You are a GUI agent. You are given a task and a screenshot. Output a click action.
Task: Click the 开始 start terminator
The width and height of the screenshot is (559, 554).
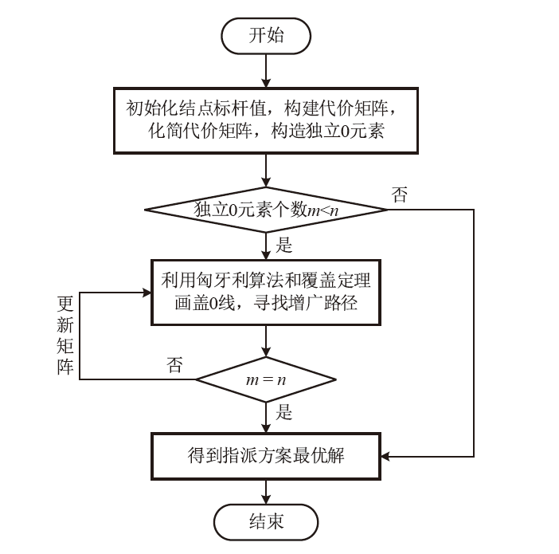click(x=266, y=36)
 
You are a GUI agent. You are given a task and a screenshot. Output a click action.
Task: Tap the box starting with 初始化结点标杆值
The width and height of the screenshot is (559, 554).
click(x=266, y=119)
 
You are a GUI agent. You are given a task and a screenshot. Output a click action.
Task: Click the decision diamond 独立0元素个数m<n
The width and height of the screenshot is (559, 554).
click(x=266, y=210)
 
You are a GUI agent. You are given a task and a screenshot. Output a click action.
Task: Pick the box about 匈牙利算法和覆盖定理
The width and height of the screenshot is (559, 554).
click(x=266, y=292)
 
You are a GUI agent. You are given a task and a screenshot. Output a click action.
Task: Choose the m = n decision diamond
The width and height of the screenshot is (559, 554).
click(x=266, y=379)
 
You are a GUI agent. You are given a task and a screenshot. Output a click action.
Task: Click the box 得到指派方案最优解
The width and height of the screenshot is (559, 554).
click(x=266, y=456)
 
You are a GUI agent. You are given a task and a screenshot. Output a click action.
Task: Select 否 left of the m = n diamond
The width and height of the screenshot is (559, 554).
click(x=174, y=365)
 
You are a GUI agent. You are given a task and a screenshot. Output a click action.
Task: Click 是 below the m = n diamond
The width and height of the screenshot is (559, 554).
click(x=283, y=412)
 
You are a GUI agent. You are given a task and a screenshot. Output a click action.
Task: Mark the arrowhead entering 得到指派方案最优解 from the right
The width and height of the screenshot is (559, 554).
click(x=386, y=457)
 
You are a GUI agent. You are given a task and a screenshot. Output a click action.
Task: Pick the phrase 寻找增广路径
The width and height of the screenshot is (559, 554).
click(x=313, y=303)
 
